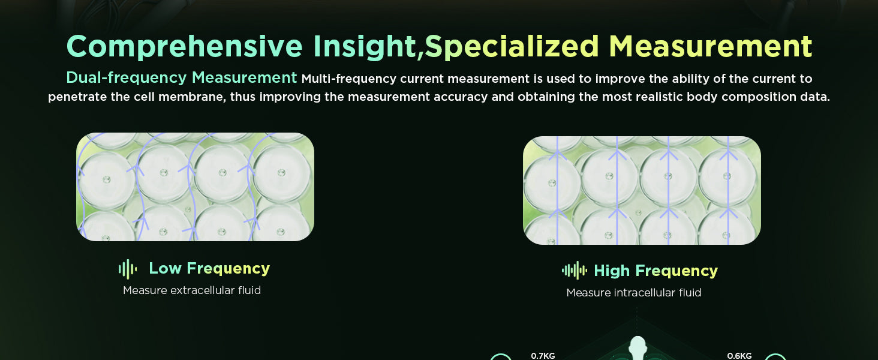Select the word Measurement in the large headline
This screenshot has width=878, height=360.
[x=710, y=46]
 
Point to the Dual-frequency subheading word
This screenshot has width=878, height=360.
[x=126, y=77]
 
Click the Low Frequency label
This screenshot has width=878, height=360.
[x=209, y=269]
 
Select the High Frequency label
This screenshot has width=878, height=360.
[x=656, y=271]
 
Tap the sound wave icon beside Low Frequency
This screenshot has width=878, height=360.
[x=128, y=269]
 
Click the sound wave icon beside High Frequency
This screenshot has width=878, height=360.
[x=574, y=271]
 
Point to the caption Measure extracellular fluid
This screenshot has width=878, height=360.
[x=192, y=290]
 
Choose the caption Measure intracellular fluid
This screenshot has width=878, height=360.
[x=634, y=293]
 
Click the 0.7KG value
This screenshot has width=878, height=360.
[x=543, y=356]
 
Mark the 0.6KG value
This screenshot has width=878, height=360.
[x=739, y=356]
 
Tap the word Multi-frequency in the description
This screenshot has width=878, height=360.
[x=349, y=79]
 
